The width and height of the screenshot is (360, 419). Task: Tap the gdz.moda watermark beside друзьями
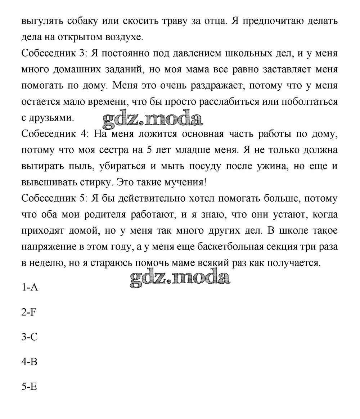click(x=153, y=118)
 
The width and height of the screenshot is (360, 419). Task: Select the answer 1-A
click(x=30, y=288)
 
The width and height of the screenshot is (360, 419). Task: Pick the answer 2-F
click(x=29, y=312)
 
